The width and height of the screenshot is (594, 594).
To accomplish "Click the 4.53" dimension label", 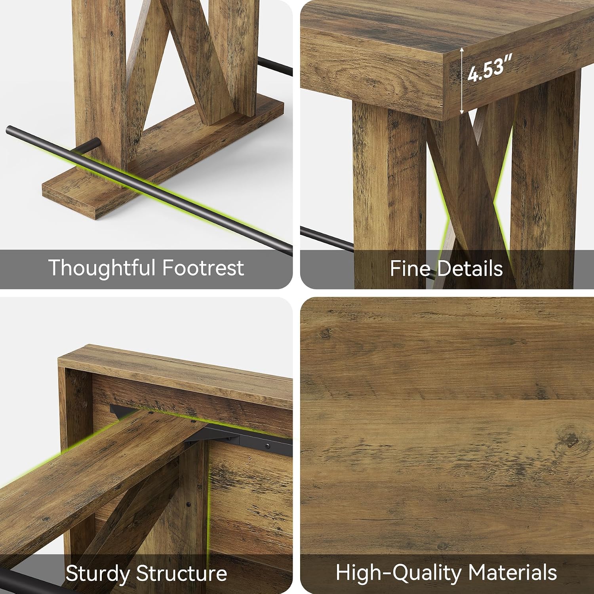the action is [489, 68].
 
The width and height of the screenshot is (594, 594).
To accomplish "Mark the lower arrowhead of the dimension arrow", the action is [462, 112].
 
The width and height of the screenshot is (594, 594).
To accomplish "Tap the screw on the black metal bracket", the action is [268, 446].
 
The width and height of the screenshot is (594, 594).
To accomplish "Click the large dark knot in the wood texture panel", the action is [571, 439].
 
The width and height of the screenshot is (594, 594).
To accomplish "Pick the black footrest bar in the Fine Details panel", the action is [327, 238].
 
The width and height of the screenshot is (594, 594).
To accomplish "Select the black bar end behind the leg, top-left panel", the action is [275, 67].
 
